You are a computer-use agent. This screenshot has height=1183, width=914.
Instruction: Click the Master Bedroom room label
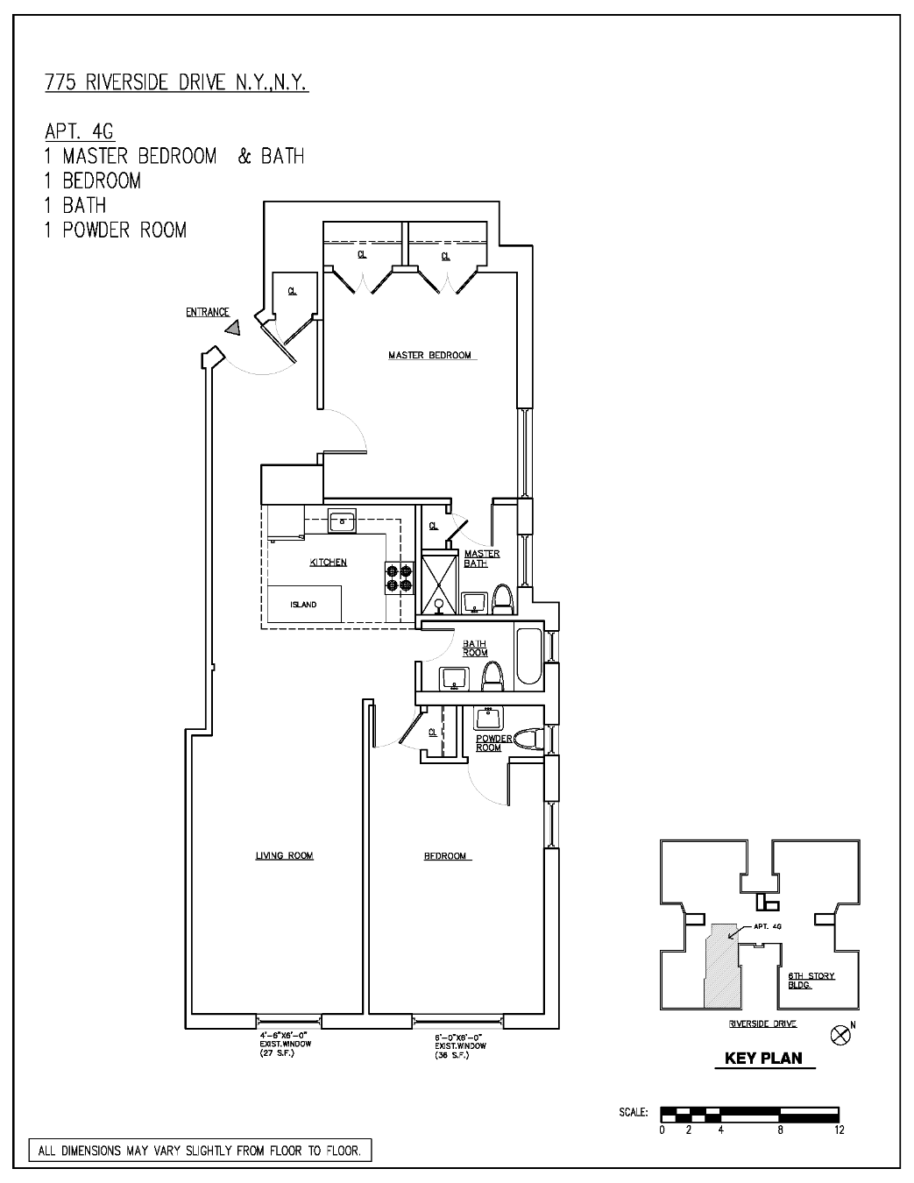429,355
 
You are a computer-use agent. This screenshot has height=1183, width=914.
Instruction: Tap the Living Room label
284,855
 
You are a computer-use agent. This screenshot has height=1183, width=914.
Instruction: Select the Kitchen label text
328,562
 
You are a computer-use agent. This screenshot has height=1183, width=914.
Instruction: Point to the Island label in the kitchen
303,605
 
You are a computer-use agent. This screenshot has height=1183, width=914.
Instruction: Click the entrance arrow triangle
233,329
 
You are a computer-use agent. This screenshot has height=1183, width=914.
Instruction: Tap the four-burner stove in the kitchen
399,579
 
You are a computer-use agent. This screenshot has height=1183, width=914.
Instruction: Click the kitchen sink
340,521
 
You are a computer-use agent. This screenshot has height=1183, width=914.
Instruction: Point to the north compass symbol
840,1035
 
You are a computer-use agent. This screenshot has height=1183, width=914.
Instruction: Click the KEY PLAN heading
762,1058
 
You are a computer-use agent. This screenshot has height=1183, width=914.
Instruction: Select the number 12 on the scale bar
839,1130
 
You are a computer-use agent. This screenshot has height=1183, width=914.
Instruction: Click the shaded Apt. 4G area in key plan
720,964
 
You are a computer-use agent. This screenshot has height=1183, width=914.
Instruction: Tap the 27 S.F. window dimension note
279,1052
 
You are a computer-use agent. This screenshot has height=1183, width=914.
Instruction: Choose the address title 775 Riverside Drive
176,83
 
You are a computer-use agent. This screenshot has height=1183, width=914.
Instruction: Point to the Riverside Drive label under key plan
762,1024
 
